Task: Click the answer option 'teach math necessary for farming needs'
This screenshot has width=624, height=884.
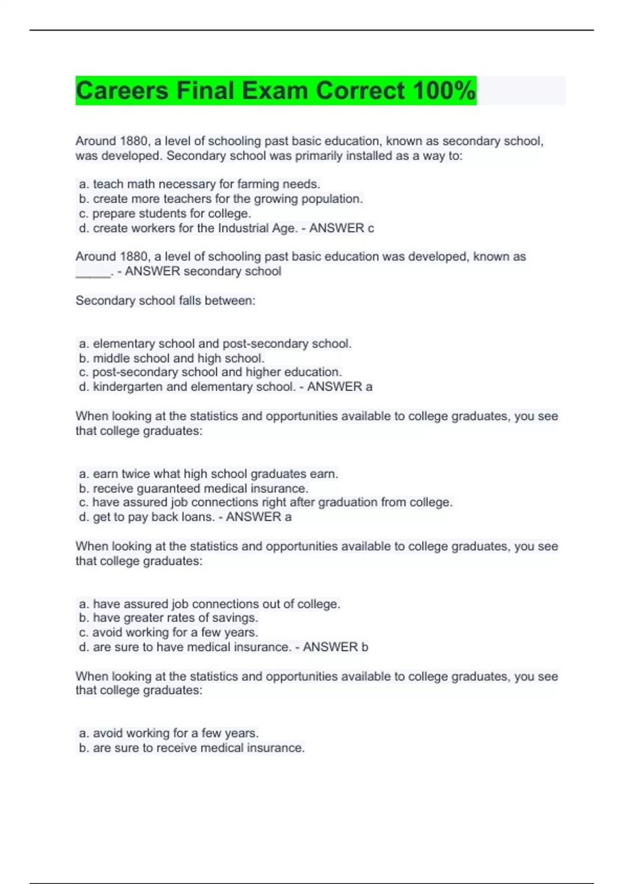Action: coord(199,184)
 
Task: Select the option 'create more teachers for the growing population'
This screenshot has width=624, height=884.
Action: coord(220,199)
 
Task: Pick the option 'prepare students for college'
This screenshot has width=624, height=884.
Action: coord(165,213)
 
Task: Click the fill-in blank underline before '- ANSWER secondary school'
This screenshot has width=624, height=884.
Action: coord(93,272)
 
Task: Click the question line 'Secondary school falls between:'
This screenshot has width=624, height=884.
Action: coord(165,301)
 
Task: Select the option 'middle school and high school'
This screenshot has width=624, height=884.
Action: coord(172,358)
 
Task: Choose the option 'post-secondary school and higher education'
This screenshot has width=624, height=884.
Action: coord(210,372)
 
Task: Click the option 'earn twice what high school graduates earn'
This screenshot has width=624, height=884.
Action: coord(208,474)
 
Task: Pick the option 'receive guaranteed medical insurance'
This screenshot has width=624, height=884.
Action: coord(193,488)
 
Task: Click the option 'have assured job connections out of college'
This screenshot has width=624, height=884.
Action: coord(209,604)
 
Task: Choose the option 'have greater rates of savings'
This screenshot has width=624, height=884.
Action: coord(168,618)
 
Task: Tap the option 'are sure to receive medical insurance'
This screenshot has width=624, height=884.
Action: coord(191,748)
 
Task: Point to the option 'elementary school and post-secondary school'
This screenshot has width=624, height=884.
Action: coord(215,344)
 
